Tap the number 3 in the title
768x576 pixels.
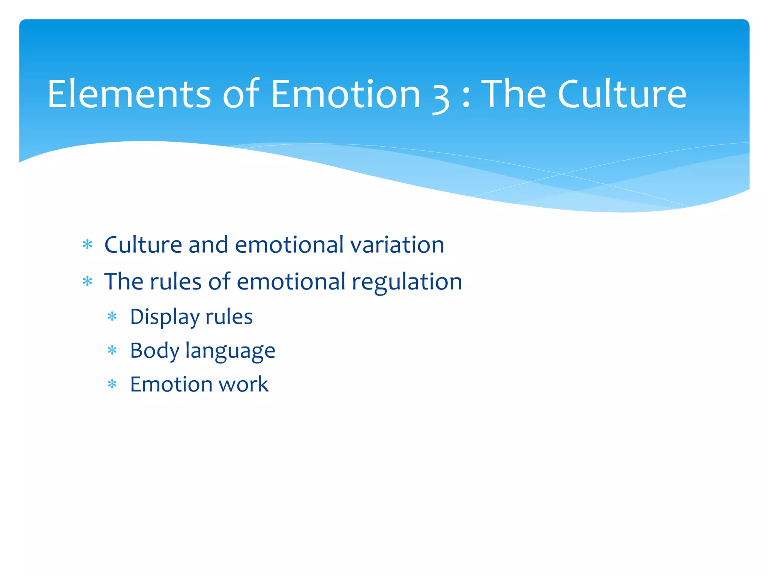pyautogui.click(x=441, y=97)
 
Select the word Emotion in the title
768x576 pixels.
pyautogui.click(x=345, y=94)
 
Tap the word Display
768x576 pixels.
pyautogui.click(x=165, y=317)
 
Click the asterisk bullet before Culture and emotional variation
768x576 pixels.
pyautogui.click(x=87, y=245)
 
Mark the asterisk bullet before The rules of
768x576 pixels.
pyautogui.click(x=87, y=282)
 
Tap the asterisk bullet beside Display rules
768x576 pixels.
pyautogui.click(x=112, y=317)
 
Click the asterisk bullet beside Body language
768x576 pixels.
pyautogui.click(x=112, y=351)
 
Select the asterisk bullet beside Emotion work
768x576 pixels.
pyautogui.click(x=112, y=384)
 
